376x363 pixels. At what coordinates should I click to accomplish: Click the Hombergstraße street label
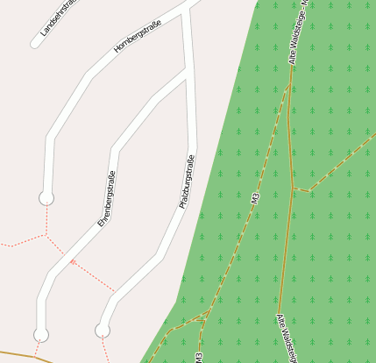tap(139, 34)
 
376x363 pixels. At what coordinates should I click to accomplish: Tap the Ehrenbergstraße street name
tap(107, 199)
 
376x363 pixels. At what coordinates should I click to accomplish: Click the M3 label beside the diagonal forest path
tap(255, 199)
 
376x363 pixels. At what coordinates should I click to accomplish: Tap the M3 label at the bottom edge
tap(200, 357)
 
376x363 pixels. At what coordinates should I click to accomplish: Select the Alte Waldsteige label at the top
tap(298, 35)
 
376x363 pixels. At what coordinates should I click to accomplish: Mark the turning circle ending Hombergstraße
tap(46, 198)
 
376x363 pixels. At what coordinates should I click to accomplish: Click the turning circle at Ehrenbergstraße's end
tap(41, 334)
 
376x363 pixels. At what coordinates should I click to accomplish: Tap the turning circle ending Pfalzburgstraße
tap(103, 330)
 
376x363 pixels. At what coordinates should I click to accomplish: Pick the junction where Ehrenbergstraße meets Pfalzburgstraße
tap(187, 75)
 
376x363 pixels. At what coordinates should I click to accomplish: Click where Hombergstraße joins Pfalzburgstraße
tap(187, 9)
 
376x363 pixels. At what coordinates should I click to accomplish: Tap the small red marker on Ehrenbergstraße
tap(73, 261)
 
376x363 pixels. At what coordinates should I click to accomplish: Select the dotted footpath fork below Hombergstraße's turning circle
tap(46, 234)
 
